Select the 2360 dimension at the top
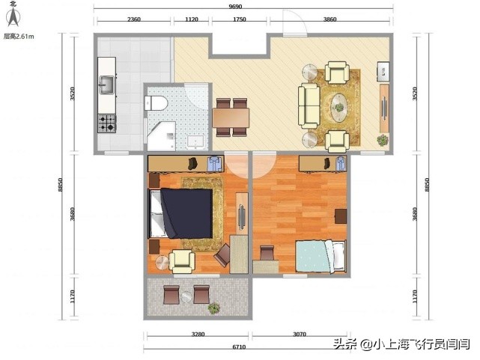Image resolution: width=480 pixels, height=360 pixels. coord(134,20)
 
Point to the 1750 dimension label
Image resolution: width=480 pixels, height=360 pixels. coord(240,20)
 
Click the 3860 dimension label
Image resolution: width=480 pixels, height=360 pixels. coord(329,20)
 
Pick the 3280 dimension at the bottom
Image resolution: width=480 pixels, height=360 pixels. coord(197,335)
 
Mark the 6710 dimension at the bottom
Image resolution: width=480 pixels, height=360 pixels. coord(240,347)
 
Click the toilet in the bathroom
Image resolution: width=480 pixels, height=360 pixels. coord(157,103)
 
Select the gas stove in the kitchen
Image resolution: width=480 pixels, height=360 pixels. coord(106,122)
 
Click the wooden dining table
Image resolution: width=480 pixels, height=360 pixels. coord(231,118)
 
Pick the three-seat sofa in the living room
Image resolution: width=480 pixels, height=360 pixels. coord(309,106)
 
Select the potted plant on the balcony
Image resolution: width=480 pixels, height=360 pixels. coord(215,307)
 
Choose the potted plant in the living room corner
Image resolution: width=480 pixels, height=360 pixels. coord(383,139)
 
